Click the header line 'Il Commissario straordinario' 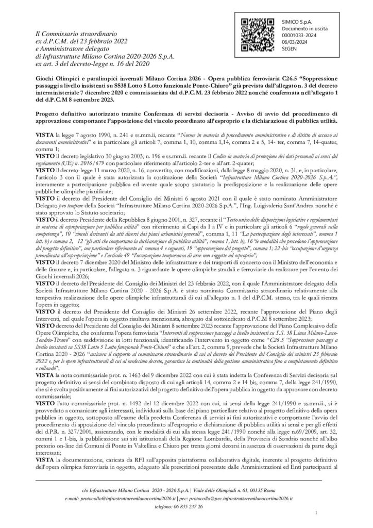coord(70,33)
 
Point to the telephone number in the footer coord(186,507)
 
